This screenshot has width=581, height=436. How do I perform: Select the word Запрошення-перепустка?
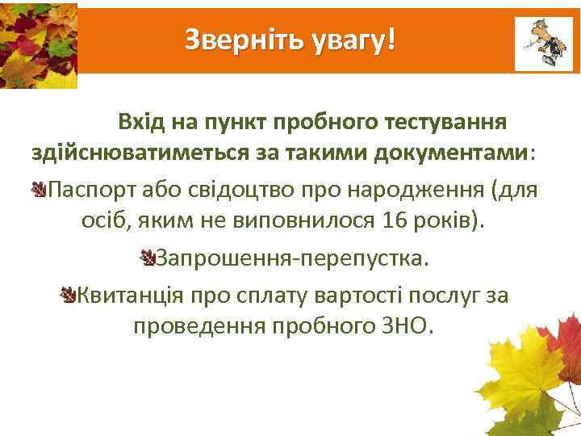click(x=293, y=259)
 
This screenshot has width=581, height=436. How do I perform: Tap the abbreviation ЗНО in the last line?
click(x=409, y=326)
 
